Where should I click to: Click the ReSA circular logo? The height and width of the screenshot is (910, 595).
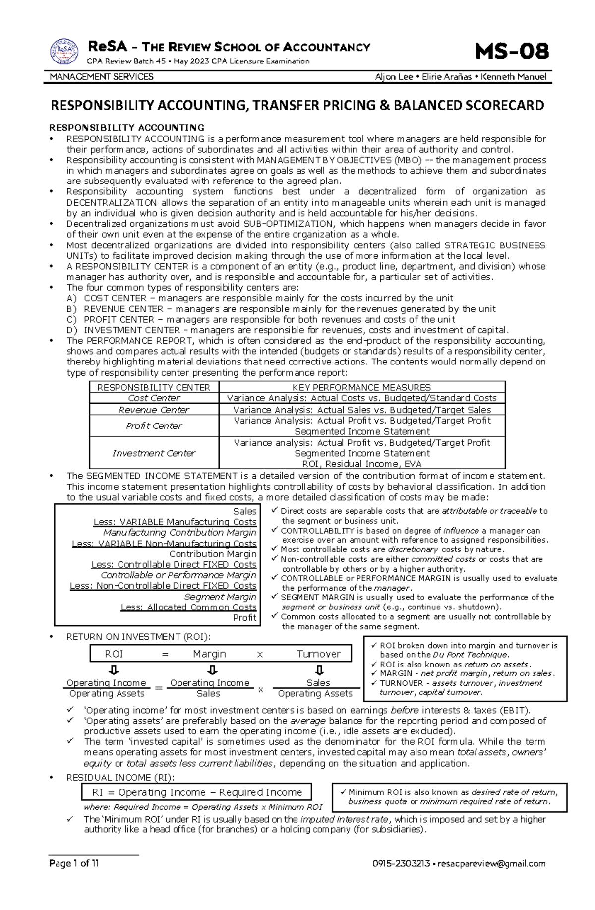64,52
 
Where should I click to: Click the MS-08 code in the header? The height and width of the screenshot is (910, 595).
511,52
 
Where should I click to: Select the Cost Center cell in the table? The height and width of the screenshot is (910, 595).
154,398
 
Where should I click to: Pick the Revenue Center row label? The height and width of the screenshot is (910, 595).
154,410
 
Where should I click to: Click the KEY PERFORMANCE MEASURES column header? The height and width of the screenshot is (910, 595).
361,387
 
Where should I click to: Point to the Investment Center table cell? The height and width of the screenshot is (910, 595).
154,453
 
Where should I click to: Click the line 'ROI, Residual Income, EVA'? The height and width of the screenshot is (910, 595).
361,464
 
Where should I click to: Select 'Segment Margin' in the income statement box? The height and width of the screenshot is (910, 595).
220,597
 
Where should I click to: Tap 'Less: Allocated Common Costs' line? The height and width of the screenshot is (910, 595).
188,607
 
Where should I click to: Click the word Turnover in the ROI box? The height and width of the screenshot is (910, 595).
318,654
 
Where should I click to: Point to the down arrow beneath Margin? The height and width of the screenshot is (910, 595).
212,670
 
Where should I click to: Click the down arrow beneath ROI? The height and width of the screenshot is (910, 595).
114,670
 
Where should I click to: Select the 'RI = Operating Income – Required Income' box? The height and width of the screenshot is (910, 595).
197,792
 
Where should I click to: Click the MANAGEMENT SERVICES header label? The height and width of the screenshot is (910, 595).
102,77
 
